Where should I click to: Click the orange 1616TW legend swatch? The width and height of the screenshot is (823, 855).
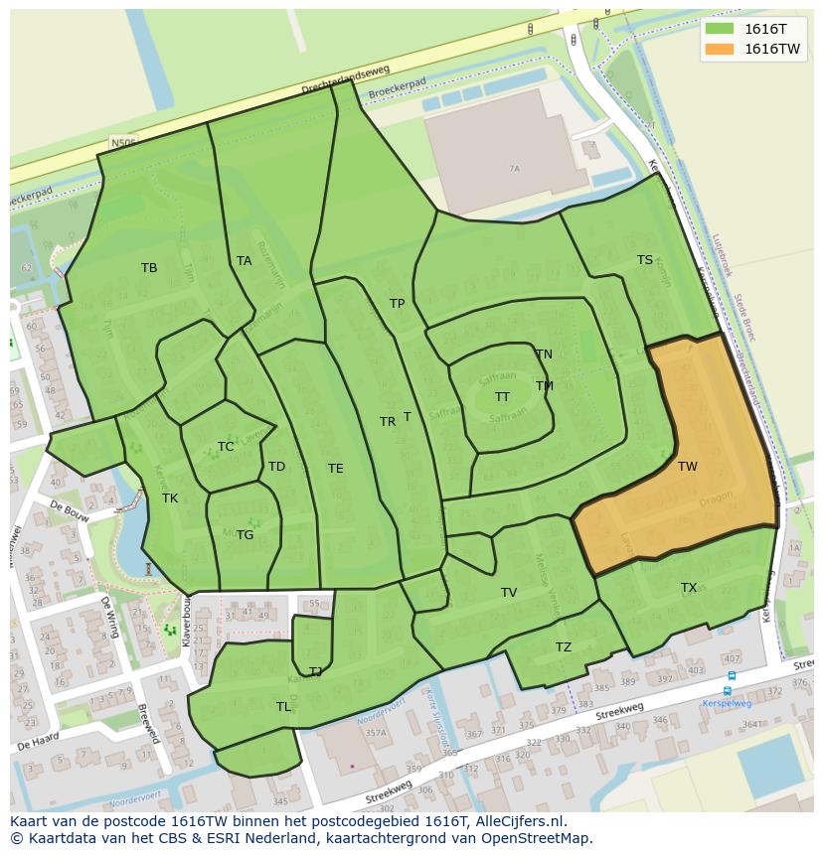click(722, 49)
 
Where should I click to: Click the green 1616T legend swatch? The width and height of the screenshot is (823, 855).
click(722, 29)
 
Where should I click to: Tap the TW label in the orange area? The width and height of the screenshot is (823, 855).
click(688, 467)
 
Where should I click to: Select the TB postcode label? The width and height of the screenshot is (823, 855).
click(149, 268)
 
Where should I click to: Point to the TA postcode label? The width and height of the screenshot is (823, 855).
click(245, 261)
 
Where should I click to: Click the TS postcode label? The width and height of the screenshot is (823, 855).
click(645, 260)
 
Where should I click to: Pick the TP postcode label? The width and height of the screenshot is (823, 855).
click(398, 304)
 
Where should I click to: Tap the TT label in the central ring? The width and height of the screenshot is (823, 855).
click(503, 397)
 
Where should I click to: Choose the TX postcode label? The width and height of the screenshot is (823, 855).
click(689, 588)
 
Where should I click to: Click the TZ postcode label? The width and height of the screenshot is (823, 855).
click(564, 647)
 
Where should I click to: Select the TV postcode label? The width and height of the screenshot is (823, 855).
click(509, 593)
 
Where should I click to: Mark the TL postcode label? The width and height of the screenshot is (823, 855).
click(284, 707)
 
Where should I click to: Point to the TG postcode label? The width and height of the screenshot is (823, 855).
click(246, 535)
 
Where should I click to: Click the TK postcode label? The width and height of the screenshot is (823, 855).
click(170, 499)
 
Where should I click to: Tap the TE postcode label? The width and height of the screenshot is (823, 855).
click(336, 469)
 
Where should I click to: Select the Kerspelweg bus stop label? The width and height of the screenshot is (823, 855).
click(727, 703)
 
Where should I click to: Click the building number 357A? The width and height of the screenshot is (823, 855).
click(375, 733)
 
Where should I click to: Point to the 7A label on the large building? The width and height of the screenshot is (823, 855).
click(514, 169)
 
